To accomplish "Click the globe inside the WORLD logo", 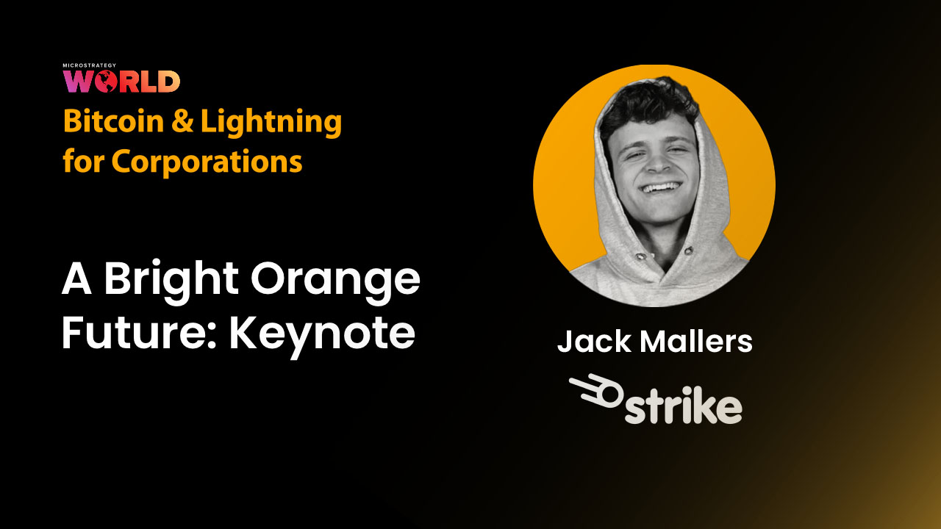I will tap(106, 82).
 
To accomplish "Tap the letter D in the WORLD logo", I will tap(168, 82).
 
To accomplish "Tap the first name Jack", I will tap(589, 342).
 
